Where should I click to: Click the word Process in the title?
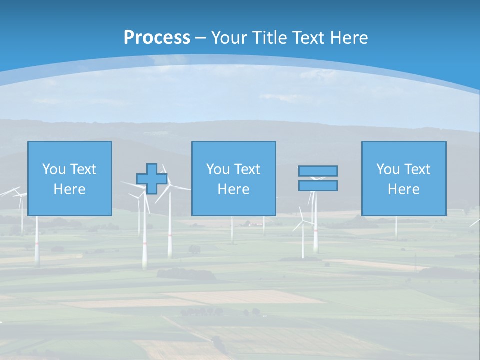tap(157, 37)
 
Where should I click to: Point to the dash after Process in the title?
tap(201, 38)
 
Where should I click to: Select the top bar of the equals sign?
tap(318, 171)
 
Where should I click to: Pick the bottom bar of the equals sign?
tap(318, 186)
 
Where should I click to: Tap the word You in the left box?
tap(54, 169)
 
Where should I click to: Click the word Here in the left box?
tap(69, 189)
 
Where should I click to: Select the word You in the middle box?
tap(218, 169)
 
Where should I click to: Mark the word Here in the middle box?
tap(233, 189)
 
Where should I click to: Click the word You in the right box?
tap(388, 169)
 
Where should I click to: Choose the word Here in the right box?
tap(403, 189)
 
